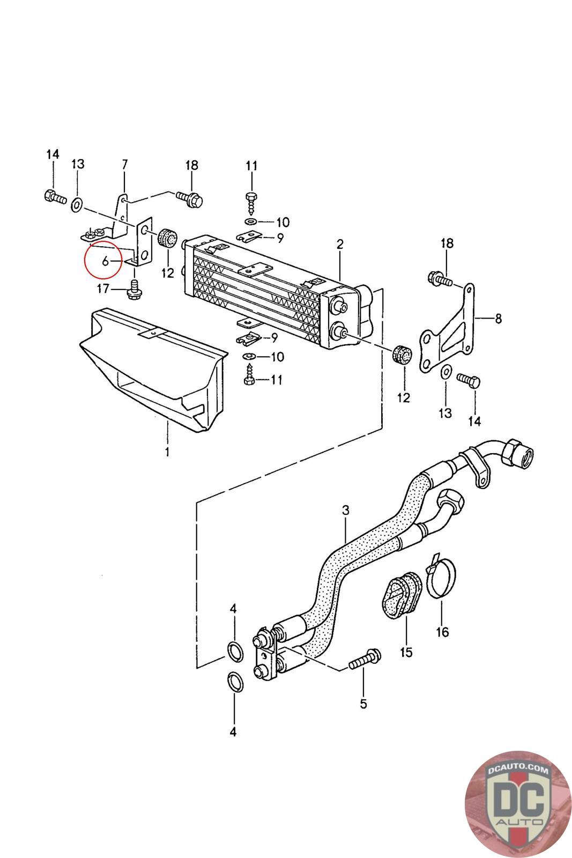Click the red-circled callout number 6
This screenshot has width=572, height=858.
point(105,262)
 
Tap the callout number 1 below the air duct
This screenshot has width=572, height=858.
point(167,452)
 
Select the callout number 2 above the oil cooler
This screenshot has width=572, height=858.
point(340,245)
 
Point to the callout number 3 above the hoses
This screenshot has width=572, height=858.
point(346,510)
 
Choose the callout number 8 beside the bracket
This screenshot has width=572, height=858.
point(498,319)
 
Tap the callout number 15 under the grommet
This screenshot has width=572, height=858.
point(406,652)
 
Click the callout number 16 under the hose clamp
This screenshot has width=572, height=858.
point(442,632)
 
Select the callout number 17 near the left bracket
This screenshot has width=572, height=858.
point(103,289)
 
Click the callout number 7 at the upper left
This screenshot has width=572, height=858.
point(124,164)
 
